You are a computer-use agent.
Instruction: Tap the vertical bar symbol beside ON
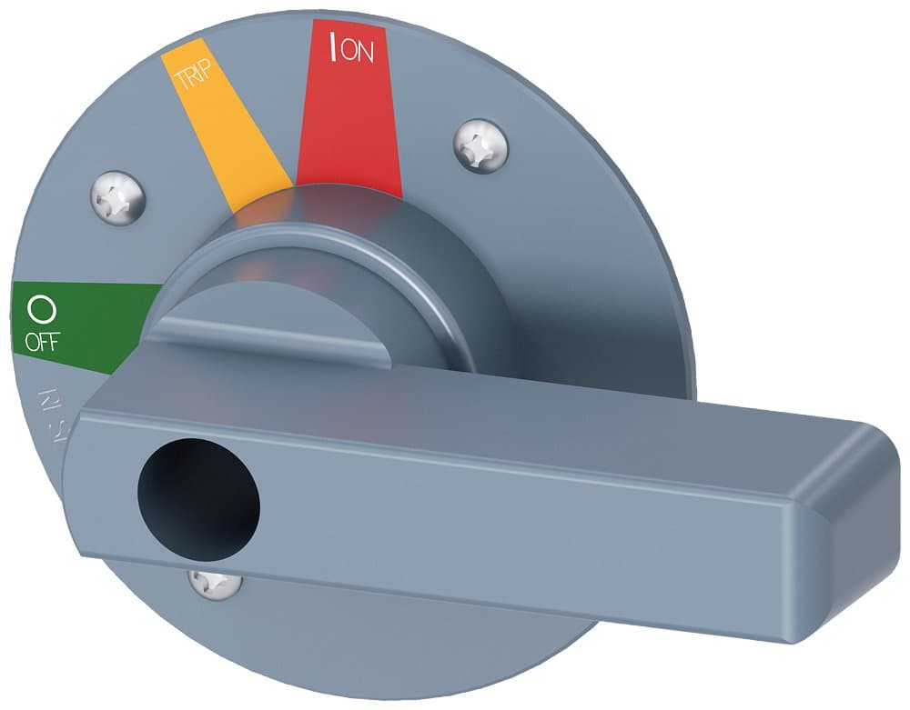(x=334, y=48)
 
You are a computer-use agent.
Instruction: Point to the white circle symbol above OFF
(x=42, y=311)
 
